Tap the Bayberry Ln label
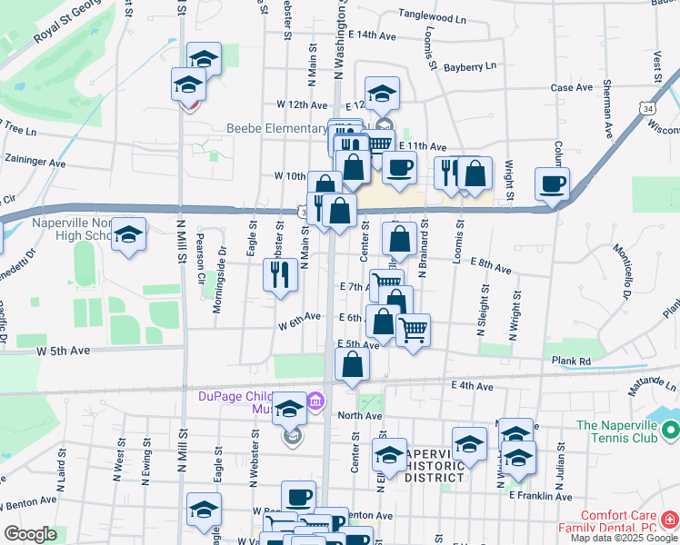[470, 66]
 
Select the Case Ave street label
[572, 88]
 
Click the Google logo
[30, 534]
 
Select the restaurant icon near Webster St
[280, 273]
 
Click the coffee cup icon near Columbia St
[552, 183]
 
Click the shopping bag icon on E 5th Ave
[352, 365]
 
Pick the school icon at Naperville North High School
[128, 235]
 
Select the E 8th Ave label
[492, 265]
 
